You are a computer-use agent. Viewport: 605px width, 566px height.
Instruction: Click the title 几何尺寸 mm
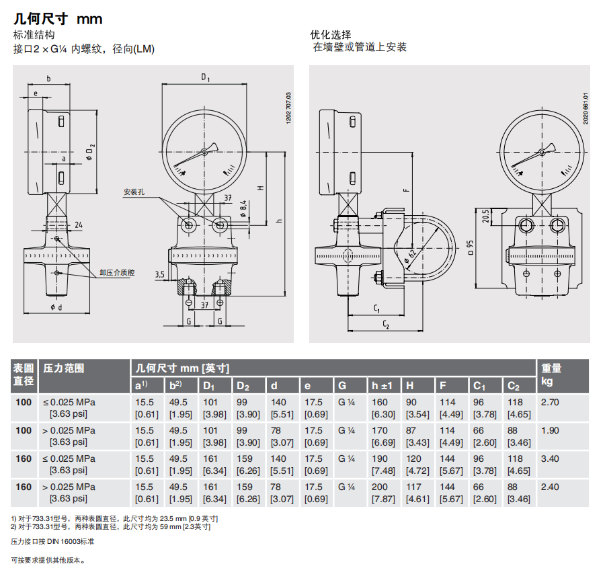(58, 19)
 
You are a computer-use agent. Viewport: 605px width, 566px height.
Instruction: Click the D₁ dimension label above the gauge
(205, 77)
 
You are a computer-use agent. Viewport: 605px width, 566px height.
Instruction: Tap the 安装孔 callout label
(134, 192)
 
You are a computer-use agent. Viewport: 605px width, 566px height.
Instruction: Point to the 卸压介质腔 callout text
(117, 272)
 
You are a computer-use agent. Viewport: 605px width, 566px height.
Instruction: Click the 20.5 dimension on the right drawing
(486, 216)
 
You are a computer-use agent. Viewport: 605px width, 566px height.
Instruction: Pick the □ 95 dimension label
(470, 247)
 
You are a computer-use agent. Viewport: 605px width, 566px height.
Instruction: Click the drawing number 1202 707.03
(288, 108)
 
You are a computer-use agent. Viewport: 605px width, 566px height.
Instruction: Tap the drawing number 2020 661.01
(586, 108)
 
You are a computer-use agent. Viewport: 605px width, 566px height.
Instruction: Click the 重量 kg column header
(551, 374)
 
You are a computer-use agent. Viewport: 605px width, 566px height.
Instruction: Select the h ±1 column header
(382, 386)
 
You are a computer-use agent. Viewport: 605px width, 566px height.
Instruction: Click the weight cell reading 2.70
(550, 402)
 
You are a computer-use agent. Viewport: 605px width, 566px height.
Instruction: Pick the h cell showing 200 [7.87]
(383, 493)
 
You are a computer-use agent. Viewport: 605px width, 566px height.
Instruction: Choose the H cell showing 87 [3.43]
(417, 436)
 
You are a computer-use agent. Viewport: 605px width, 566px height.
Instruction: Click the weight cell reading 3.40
(550, 458)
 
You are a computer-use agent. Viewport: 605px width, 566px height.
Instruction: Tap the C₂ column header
(514, 387)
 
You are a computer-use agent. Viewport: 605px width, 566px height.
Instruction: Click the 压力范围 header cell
(64, 368)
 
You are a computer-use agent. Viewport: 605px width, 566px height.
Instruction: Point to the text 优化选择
(331, 35)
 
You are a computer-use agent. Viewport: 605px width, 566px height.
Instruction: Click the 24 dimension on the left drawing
(79, 225)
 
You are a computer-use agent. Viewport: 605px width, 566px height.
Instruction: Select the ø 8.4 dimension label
(243, 209)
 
